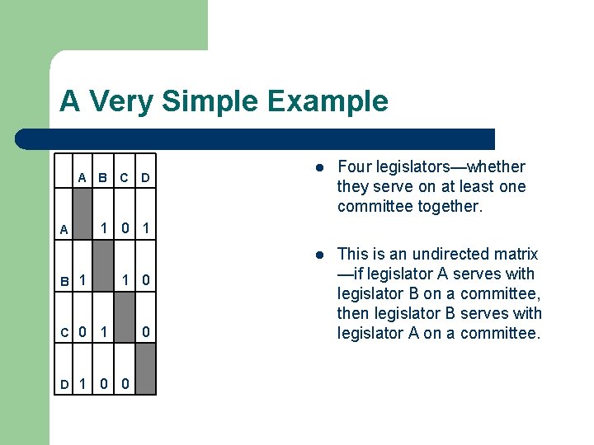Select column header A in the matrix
pos(82,177)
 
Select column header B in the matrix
pos(102,177)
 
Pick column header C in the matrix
pos(124,177)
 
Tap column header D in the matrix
pos(144,177)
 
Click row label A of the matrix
pos(64,230)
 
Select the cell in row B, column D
pos(144,280)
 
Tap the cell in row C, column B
pos(102,332)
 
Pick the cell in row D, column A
pos(82,383)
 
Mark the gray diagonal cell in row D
pos(144,368)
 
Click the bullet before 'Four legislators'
pos(318,167)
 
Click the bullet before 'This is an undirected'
pos(318,255)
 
